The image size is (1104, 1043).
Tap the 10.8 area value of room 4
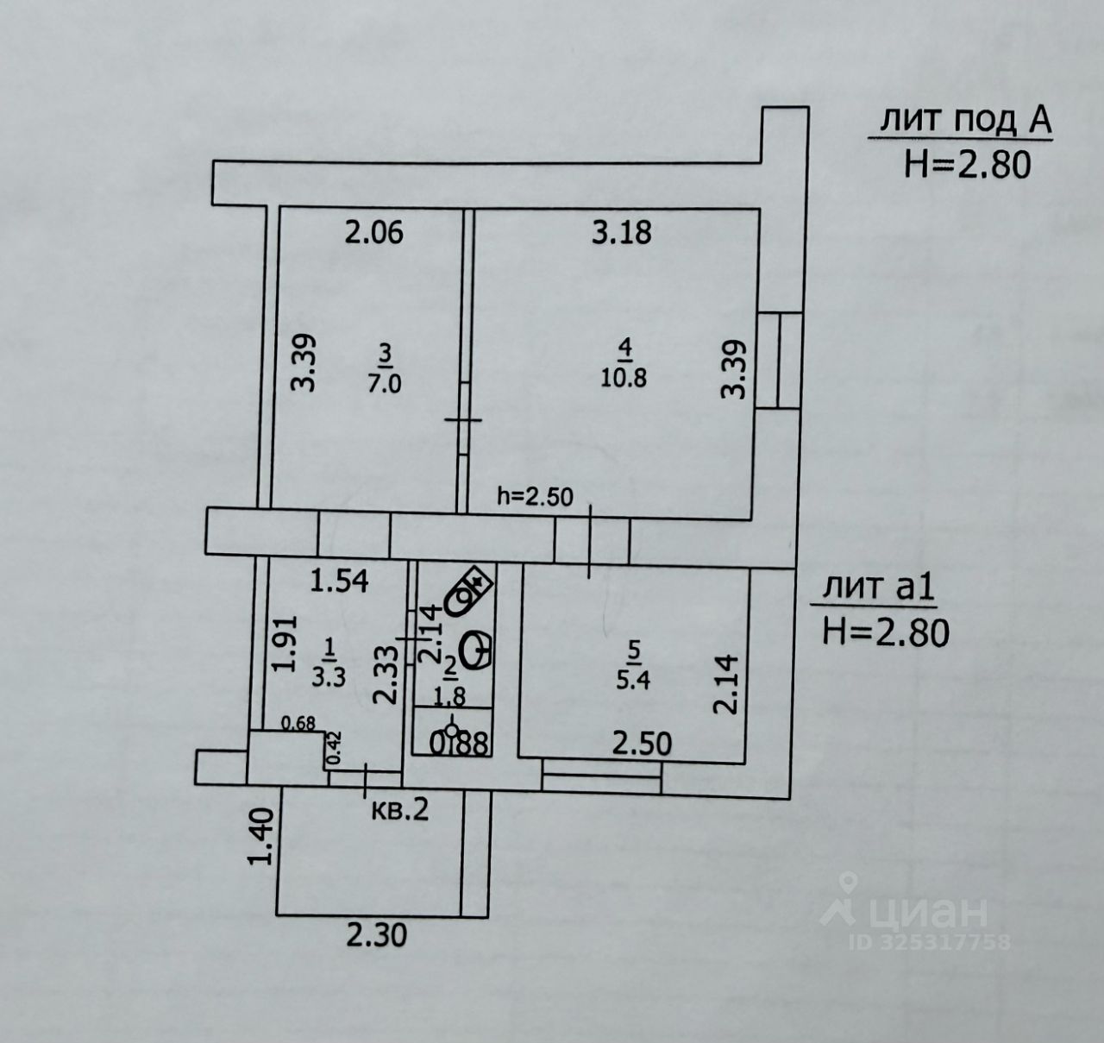[624, 377]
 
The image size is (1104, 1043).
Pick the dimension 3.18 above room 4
[621, 232]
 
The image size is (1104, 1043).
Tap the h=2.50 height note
[535, 496]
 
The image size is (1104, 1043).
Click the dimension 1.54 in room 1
[339, 581]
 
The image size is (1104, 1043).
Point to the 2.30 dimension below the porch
[376, 934]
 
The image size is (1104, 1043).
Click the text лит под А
[965, 122]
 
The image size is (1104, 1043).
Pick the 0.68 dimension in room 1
[299, 724]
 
